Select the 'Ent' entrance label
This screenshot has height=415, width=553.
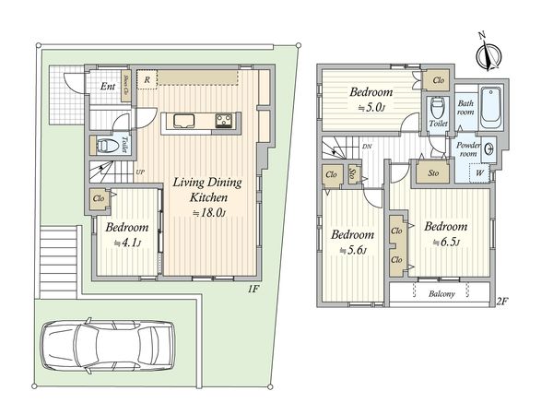pyautogui.click(x=107, y=87)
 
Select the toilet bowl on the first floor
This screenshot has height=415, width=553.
pyautogui.click(x=103, y=145)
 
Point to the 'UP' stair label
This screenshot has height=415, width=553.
pyautogui.click(x=140, y=172)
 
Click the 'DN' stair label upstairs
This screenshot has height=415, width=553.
pyautogui.click(x=367, y=146)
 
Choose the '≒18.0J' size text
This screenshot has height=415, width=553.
pyautogui.click(x=208, y=213)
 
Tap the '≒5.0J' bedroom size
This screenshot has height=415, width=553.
pyautogui.click(x=371, y=109)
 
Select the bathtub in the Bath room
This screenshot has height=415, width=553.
pyautogui.click(x=488, y=104)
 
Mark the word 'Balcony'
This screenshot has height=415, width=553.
pyautogui.click(x=438, y=294)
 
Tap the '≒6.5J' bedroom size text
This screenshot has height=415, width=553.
pyautogui.click(x=444, y=243)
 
